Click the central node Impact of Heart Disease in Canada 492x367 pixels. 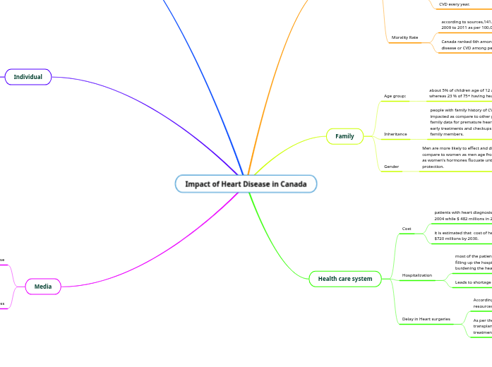click(246, 184)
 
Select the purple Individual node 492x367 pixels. click(28, 77)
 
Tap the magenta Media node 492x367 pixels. click(43, 287)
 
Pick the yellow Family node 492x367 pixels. click(344, 136)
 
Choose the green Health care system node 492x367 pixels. click(345, 279)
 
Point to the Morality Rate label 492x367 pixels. click(404, 37)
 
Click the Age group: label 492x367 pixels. click(395, 95)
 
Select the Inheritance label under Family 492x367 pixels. click(395, 134)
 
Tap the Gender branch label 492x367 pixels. click(391, 167)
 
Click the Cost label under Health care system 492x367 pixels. click(407, 229)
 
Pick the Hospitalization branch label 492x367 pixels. click(417, 275)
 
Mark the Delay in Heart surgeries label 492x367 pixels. click(426, 319)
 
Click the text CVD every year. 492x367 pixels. click(454, 4)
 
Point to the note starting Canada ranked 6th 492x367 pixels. click(466, 44)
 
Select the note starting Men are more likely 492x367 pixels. click(456, 157)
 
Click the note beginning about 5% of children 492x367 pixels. click(460, 94)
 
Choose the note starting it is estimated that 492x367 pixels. click(462, 236)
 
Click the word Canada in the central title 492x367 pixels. click(294, 184)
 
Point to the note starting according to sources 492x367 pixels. click(466, 25)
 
